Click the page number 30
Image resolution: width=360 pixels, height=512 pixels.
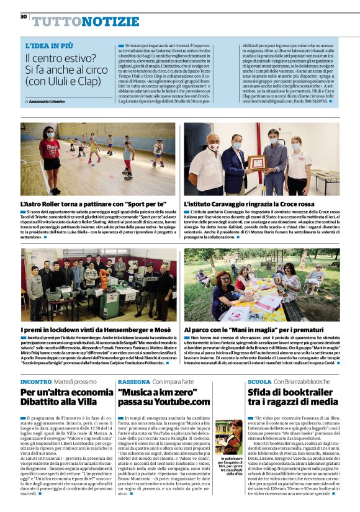[x=24, y=16]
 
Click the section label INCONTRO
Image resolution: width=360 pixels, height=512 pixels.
[x=36, y=381]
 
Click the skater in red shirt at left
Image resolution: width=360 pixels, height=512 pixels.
[x=48, y=156]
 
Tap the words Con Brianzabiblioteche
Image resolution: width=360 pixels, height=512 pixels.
[x=304, y=381]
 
